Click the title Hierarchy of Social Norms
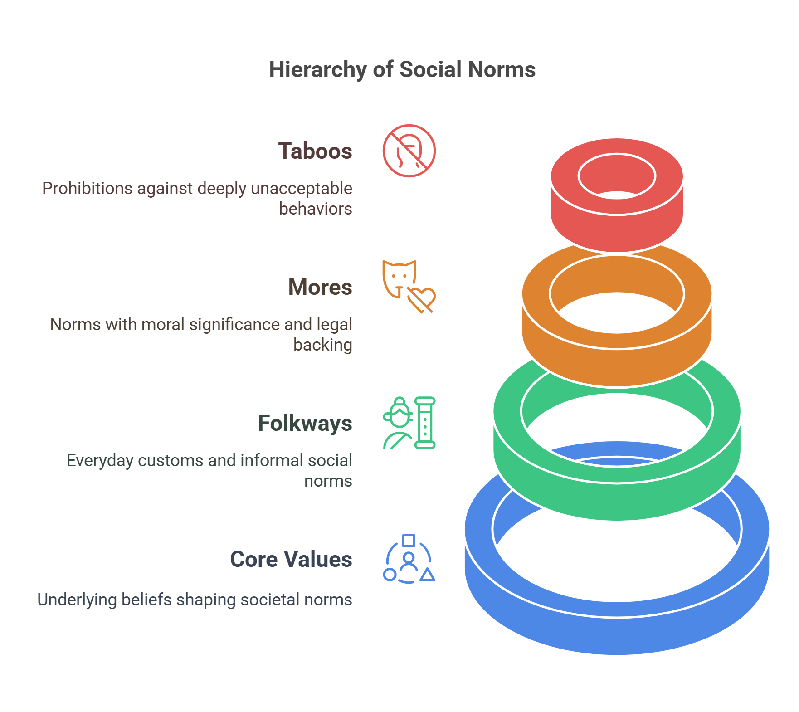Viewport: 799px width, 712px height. pyautogui.click(x=402, y=69)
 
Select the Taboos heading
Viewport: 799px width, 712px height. pyautogui.click(x=315, y=151)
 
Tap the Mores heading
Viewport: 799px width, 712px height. pyautogui.click(x=320, y=287)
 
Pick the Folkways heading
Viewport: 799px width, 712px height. pyautogui.click(x=305, y=423)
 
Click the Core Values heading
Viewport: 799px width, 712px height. pyautogui.click(x=291, y=559)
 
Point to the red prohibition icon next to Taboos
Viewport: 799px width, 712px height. pyautogui.click(x=409, y=151)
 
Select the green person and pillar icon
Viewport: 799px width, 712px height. pyautogui.click(x=409, y=423)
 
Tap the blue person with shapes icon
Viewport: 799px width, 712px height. pyautogui.click(x=409, y=559)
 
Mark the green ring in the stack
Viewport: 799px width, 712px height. pyautogui.click(x=617, y=499)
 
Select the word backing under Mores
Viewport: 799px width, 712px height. pyautogui.click(x=322, y=345)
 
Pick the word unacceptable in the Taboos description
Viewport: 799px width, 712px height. pyautogui.click(x=301, y=189)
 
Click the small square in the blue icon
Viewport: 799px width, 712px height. pyautogui.click(x=409, y=540)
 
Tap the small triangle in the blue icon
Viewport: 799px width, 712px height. pyautogui.click(x=427, y=575)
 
